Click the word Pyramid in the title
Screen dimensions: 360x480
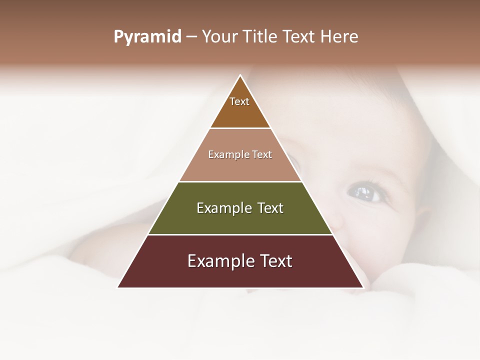pos(147,37)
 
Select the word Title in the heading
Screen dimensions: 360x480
pos(260,36)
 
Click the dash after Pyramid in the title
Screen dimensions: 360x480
pos(191,37)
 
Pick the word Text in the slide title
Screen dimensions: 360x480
pos(299,36)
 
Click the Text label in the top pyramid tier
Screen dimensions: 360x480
pos(239,101)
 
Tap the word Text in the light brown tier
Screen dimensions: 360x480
pos(262,154)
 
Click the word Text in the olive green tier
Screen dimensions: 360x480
pos(270,208)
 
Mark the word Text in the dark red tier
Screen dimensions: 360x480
pos(275,261)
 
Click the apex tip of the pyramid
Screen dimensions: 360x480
pos(240,75)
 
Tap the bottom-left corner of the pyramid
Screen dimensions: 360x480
pos(118,287)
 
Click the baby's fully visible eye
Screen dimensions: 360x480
pos(364,191)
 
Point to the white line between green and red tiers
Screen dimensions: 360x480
pos(240,234)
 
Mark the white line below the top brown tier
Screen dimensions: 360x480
pos(240,128)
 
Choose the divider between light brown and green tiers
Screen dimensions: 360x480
pos(240,181)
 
